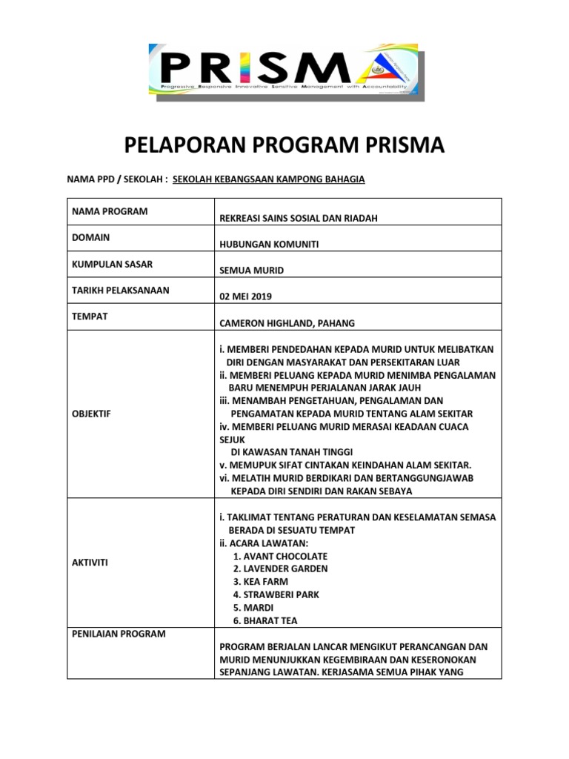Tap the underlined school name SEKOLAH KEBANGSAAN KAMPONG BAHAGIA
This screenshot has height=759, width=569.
[x=268, y=179]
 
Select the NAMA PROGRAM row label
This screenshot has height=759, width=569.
[x=110, y=211]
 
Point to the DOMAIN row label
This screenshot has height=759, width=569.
[x=91, y=238]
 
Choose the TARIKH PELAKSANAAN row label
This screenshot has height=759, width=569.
[x=120, y=290]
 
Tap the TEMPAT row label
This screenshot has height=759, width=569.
[x=90, y=316]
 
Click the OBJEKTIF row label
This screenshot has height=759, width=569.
[x=91, y=413]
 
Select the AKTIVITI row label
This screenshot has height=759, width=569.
[x=90, y=563]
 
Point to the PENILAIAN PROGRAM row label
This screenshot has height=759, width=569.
[x=119, y=634]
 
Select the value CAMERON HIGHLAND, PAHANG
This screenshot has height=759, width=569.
[x=287, y=322]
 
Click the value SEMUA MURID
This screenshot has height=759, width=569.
[x=252, y=271]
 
